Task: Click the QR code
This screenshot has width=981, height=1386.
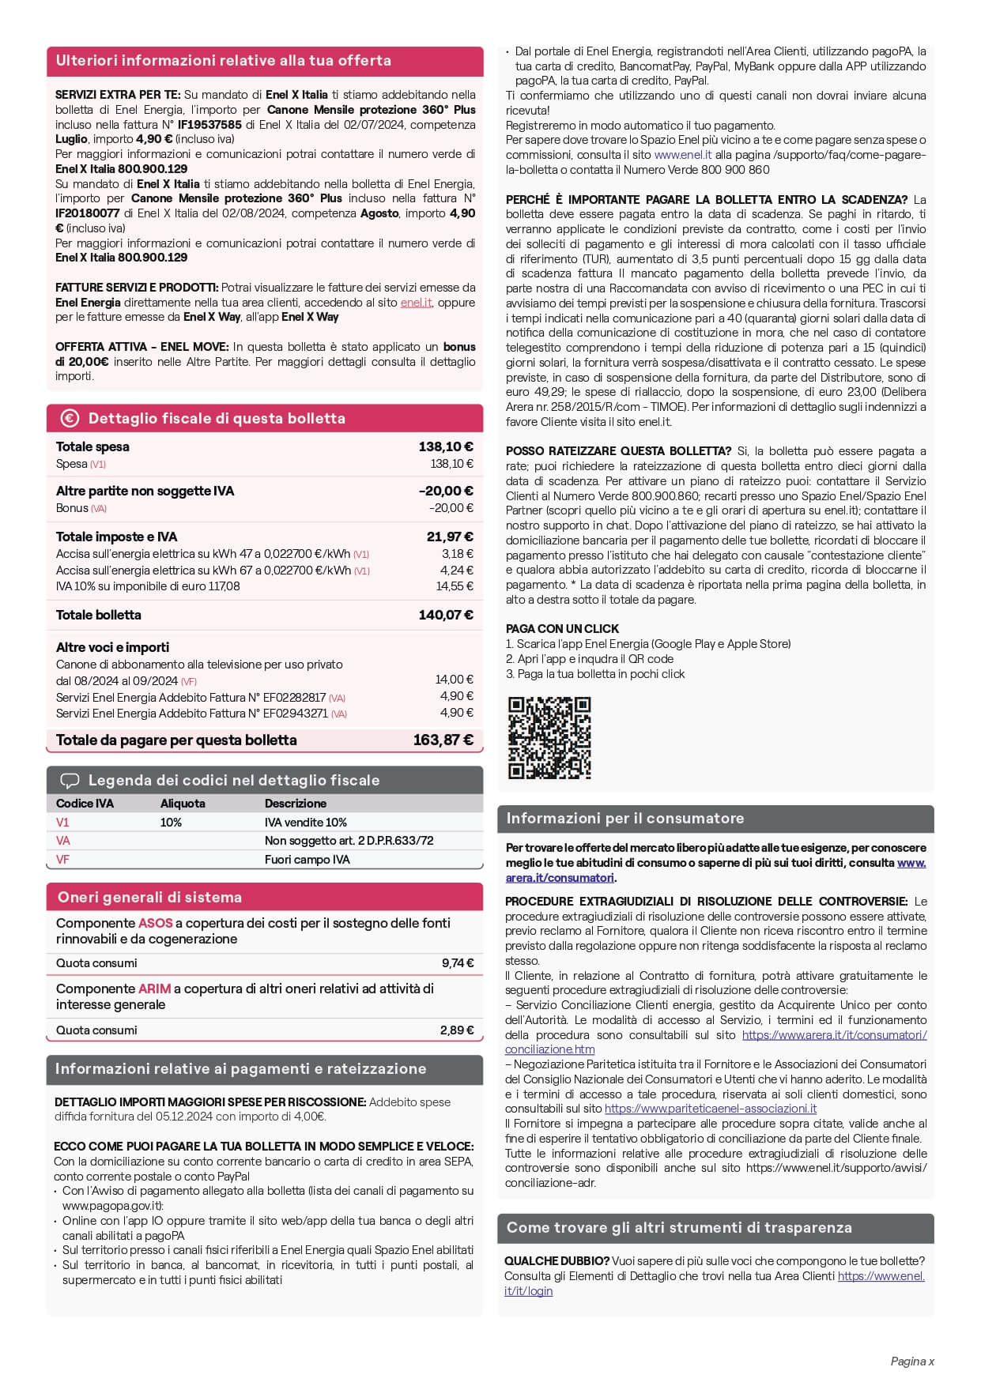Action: click(x=549, y=737)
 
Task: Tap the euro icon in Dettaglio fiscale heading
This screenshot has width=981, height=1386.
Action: click(x=70, y=418)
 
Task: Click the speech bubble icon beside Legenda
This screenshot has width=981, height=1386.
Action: click(x=70, y=781)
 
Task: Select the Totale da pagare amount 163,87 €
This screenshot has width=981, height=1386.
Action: click(x=443, y=740)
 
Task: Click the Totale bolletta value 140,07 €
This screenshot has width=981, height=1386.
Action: click(x=446, y=615)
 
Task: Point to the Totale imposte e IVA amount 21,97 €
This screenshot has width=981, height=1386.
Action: click(x=450, y=537)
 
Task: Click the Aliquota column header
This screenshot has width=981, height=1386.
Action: click(x=183, y=804)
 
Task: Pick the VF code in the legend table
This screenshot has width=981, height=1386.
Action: click(x=62, y=860)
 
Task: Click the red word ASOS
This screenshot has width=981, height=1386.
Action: click(x=155, y=923)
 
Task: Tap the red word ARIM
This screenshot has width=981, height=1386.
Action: click(x=154, y=989)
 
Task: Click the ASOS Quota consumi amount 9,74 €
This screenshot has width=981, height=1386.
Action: click(x=458, y=963)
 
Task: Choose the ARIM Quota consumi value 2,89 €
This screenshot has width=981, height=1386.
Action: click(x=457, y=1030)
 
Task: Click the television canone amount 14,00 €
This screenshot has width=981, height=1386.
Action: click(x=455, y=680)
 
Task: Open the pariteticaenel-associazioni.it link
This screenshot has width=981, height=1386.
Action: click(x=711, y=1109)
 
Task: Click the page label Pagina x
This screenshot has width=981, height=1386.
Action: click(x=912, y=1362)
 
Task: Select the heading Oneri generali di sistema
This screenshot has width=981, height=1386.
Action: click(x=149, y=898)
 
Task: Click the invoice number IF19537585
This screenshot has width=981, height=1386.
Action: click(x=209, y=125)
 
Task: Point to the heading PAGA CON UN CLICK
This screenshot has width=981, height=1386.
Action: click(x=562, y=629)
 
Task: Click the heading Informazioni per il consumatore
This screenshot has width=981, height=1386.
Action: click(x=624, y=819)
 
